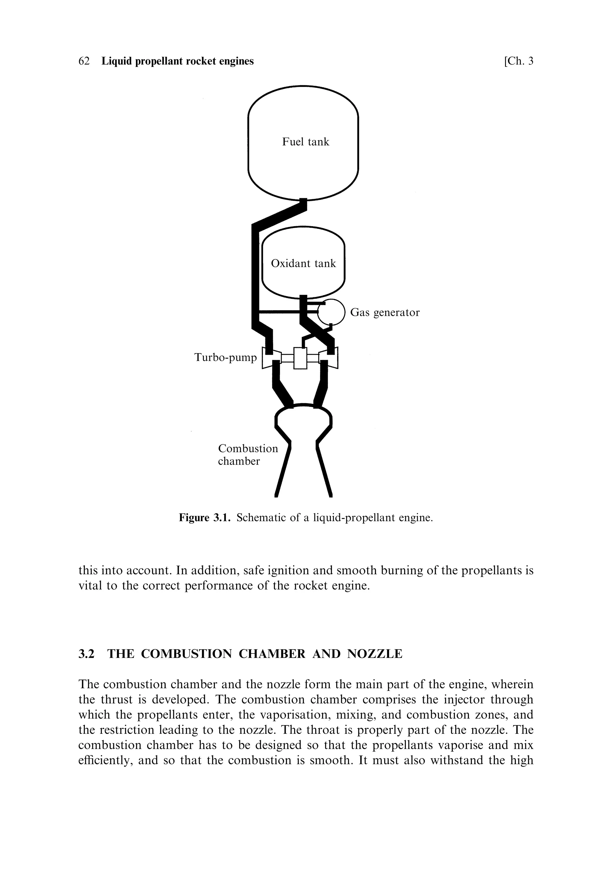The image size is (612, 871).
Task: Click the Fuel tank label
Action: [305, 142]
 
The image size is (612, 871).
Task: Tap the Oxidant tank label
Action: [303, 263]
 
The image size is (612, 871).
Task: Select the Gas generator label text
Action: [384, 312]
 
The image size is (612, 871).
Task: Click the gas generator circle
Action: [331, 312]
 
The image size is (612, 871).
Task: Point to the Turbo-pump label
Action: [225, 357]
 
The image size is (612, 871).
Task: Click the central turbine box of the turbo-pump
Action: [300, 357]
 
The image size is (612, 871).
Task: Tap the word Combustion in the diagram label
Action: [248, 448]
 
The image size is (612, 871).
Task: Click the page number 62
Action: [84, 61]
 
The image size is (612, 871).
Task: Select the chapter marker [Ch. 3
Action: [518, 61]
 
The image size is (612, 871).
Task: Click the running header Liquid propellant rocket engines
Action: [178, 61]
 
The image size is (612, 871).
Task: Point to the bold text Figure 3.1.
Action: [204, 518]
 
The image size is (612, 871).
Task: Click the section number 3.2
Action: [86, 654]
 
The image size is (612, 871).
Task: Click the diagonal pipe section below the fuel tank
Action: [279, 215]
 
